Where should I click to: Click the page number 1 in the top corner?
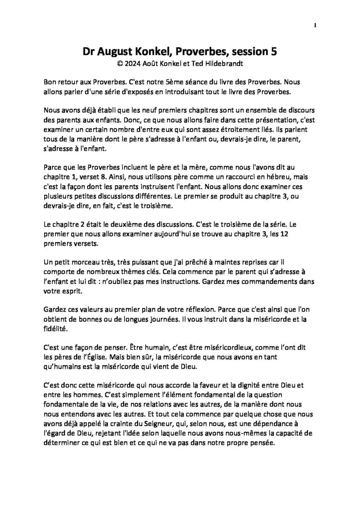tap(316, 26)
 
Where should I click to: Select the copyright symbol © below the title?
tap(118, 63)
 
